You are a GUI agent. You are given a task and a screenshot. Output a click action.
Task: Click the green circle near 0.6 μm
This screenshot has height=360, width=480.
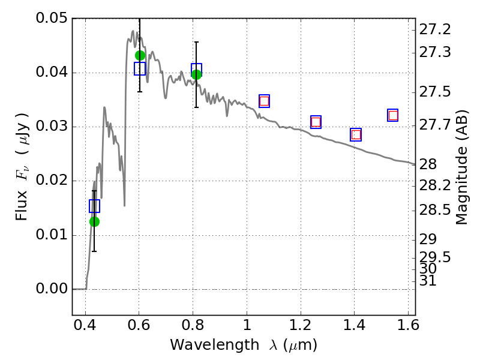[x=140, y=55]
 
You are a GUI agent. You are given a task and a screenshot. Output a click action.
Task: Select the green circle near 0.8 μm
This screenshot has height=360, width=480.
[x=197, y=74]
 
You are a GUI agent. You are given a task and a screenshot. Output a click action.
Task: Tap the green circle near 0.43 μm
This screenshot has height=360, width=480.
[x=94, y=221]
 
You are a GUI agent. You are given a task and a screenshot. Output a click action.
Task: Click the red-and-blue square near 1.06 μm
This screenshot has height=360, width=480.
[x=264, y=101]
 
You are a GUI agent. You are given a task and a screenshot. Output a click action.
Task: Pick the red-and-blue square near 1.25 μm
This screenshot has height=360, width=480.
[x=316, y=122]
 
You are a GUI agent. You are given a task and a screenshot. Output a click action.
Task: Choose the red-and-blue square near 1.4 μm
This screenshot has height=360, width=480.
[x=356, y=134]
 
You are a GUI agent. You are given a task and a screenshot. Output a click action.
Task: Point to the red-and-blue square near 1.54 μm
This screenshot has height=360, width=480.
[x=393, y=115]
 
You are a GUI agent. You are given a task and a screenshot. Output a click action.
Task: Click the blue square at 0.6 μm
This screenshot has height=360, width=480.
[x=140, y=68]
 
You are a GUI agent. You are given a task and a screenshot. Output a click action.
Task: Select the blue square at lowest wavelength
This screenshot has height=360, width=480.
[x=94, y=206]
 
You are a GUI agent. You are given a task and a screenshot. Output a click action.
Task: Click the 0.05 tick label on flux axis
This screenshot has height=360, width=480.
[x=52, y=18]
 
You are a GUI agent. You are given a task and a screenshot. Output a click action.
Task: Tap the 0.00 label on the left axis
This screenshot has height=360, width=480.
[x=52, y=289]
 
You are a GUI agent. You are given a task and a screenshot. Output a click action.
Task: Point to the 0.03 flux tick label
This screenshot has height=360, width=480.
[x=52, y=127]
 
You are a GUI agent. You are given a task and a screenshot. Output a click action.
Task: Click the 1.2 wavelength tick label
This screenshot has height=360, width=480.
[x=301, y=325]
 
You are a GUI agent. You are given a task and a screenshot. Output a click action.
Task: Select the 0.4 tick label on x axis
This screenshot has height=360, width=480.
[x=85, y=325]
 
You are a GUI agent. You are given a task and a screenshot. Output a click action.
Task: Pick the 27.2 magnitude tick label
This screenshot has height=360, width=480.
[x=434, y=29]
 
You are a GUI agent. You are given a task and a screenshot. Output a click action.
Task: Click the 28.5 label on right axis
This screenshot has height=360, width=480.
[x=434, y=211]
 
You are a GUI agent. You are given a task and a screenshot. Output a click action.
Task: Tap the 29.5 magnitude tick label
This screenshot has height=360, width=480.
[x=434, y=257]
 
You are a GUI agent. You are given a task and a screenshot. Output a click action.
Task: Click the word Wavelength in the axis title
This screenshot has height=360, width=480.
[x=215, y=345]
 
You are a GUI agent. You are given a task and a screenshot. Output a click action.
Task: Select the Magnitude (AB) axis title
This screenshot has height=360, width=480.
[x=461, y=167]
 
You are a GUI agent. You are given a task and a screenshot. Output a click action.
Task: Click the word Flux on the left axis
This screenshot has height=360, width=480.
[x=22, y=206]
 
